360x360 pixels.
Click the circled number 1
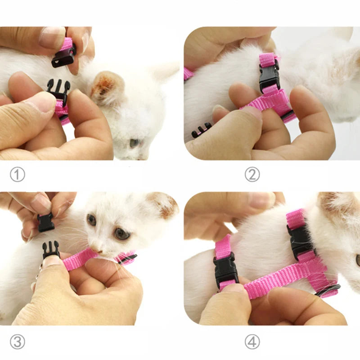coord(17,174)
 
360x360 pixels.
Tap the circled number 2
coord(252,174)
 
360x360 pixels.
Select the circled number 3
coord(17,342)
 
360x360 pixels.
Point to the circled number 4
coord(252,342)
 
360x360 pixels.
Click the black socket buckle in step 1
coord(63,58)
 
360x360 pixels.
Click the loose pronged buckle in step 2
coord(201,130)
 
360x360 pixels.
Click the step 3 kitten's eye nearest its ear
coord(121,233)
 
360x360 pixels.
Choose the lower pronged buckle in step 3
coord(51,249)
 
